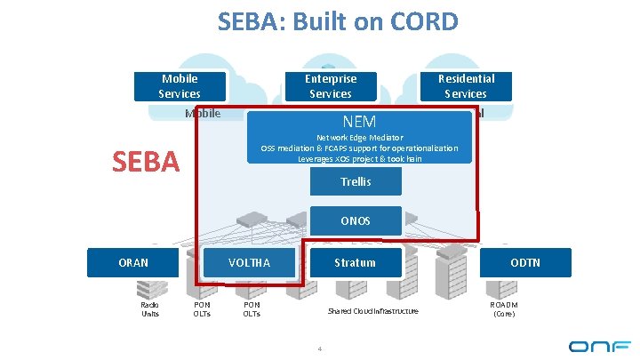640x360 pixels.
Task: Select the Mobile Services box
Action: pyautogui.click(x=179, y=86)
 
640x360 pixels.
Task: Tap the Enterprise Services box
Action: pyautogui.click(x=330, y=86)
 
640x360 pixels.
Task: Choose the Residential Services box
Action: pyautogui.click(x=465, y=86)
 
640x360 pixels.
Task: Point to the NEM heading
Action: pyautogui.click(x=358, y=122)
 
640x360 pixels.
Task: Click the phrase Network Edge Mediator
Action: pyautogui.click(x=359, y=138)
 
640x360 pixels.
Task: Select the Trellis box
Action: pyautogui.click(x=356, y=182)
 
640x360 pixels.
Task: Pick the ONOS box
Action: pyautogui.click(x=356, y=221)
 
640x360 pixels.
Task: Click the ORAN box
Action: pyautogui.click(x=133, y=262)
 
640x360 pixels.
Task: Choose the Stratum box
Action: pyautogui.click(x=355, y=262)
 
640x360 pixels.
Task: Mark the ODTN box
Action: pyautogui.click(x=524, y=262)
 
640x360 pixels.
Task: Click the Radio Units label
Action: pyautogui.click(x=150, y=309)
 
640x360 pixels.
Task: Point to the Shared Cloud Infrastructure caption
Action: pyautogui.click(x=372, y=311)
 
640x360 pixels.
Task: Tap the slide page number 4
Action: pyautogui.click(x=318, y=347)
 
